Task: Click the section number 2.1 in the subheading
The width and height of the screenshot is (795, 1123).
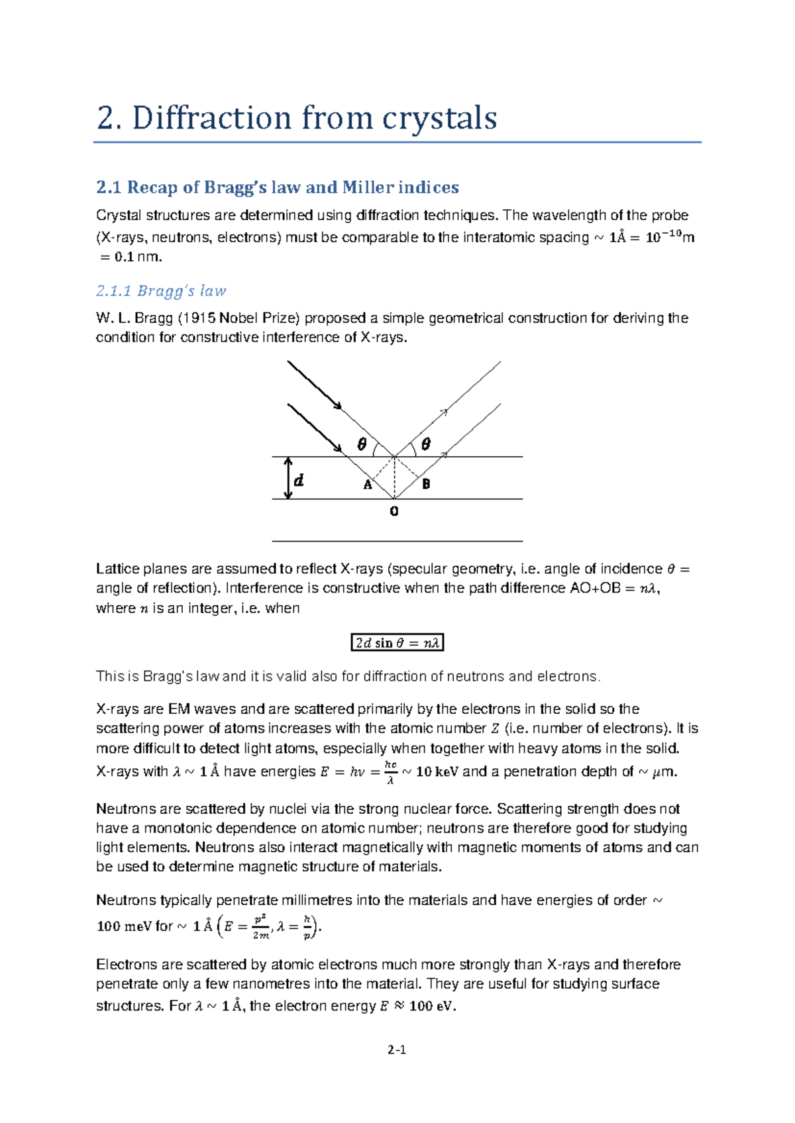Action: (x=108, y=187)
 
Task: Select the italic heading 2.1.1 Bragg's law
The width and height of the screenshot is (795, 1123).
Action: (x=161, y=291)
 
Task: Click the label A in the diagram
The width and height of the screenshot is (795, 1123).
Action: (x=367, y=485)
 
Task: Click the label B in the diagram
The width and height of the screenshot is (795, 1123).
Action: (x=426, y=484)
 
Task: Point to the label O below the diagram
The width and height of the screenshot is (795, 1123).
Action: (x=394, y=512)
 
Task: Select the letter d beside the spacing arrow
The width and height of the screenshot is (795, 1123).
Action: (x=299, y=480)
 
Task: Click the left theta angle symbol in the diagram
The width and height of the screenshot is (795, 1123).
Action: (x=361, y=445)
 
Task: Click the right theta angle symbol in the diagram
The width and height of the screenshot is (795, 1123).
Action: (x=425, y=444)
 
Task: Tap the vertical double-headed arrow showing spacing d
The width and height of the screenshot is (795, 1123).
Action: (x=288, y=478)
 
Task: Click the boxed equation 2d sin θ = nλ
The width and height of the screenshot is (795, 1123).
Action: (x=396, y=643)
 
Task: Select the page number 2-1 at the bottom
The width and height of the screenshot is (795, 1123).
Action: (x=397, y=1050)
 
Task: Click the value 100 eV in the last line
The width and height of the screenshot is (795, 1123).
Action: (x=431, y=1006)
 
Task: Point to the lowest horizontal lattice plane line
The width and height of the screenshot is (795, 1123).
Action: (x=397, y=542)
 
